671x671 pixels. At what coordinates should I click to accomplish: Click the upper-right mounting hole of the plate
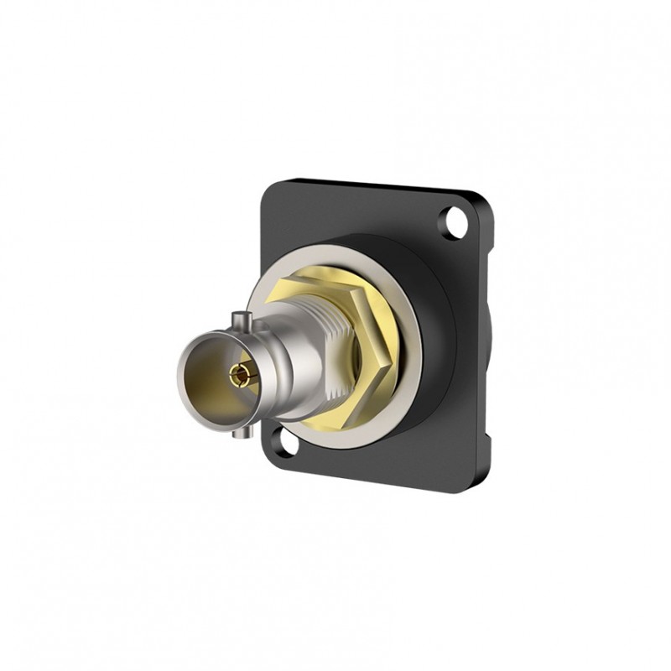456,222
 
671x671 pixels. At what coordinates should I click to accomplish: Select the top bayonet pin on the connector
242,318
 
